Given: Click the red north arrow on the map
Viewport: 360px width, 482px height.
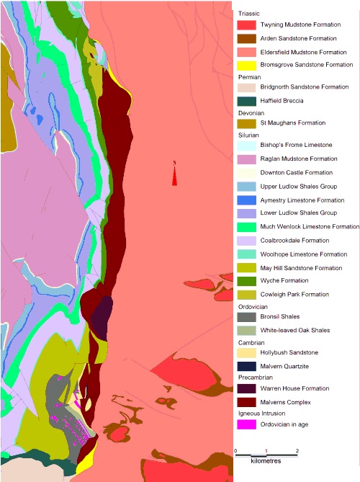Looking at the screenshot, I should pos(174,177).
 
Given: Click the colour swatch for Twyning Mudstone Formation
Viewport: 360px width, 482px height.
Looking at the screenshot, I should pos(246,25).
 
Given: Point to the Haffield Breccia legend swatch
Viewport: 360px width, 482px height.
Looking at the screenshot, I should pos(246,101).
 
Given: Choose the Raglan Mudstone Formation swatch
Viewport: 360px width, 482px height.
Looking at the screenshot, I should pos(246,159).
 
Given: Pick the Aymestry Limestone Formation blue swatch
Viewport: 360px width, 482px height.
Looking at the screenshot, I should pos(246,200).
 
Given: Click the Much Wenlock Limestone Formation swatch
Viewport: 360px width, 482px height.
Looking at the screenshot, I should pos(246,226).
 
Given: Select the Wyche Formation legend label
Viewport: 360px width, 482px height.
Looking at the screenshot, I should pos(284,281).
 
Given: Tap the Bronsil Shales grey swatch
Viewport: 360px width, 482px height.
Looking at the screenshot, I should pos(246,317).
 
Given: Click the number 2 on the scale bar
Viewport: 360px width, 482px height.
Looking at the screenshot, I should pos(297,450).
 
